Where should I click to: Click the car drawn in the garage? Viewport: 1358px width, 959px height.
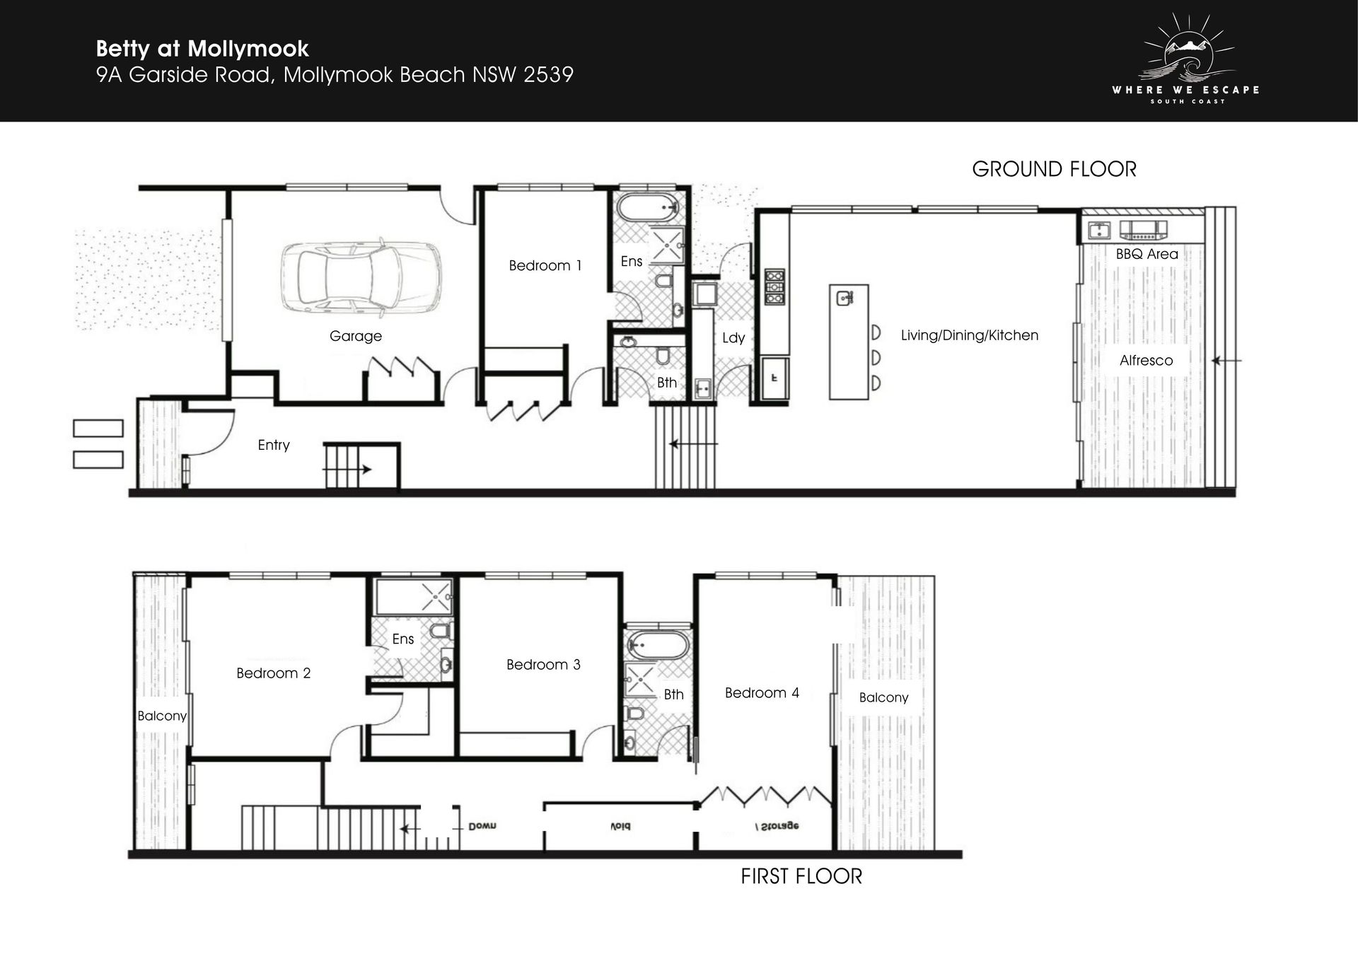click(x=361, y=277)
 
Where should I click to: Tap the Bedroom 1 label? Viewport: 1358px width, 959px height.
click(x=545, y=265)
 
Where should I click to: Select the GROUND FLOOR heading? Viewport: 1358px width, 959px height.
click(x=1054, y=169)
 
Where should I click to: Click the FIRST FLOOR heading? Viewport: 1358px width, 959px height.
click(x=801, y=876)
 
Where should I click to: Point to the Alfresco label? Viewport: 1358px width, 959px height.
click(x=1146, y=360)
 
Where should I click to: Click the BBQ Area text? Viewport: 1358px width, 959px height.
click(x=1147, y=254)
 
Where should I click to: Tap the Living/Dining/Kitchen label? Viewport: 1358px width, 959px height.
click(x=970, y=335)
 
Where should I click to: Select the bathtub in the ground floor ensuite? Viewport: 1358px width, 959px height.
click(x=649, y=208)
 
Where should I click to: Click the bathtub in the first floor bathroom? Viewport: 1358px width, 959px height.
click(x=658, y=645)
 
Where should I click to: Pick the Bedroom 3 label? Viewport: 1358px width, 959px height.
click(x=543, y=664)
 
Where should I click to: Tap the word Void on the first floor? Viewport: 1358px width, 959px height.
click(x=620, y=826)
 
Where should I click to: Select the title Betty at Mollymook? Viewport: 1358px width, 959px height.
click(x=202, y=49)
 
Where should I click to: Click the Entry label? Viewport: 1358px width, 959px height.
click(x=274, y=445)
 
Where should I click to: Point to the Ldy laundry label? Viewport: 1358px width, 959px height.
click(x=733, y=337)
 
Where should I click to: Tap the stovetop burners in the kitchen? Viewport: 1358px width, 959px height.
click(x=774, y=287)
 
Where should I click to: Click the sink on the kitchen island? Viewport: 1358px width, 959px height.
click(x=845, y=298)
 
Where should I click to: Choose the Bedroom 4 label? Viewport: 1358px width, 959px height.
click(x=762, y=692)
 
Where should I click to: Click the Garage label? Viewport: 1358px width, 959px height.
click(x=356, y=336)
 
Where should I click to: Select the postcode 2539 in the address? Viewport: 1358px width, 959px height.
click(x=548, y=74)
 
